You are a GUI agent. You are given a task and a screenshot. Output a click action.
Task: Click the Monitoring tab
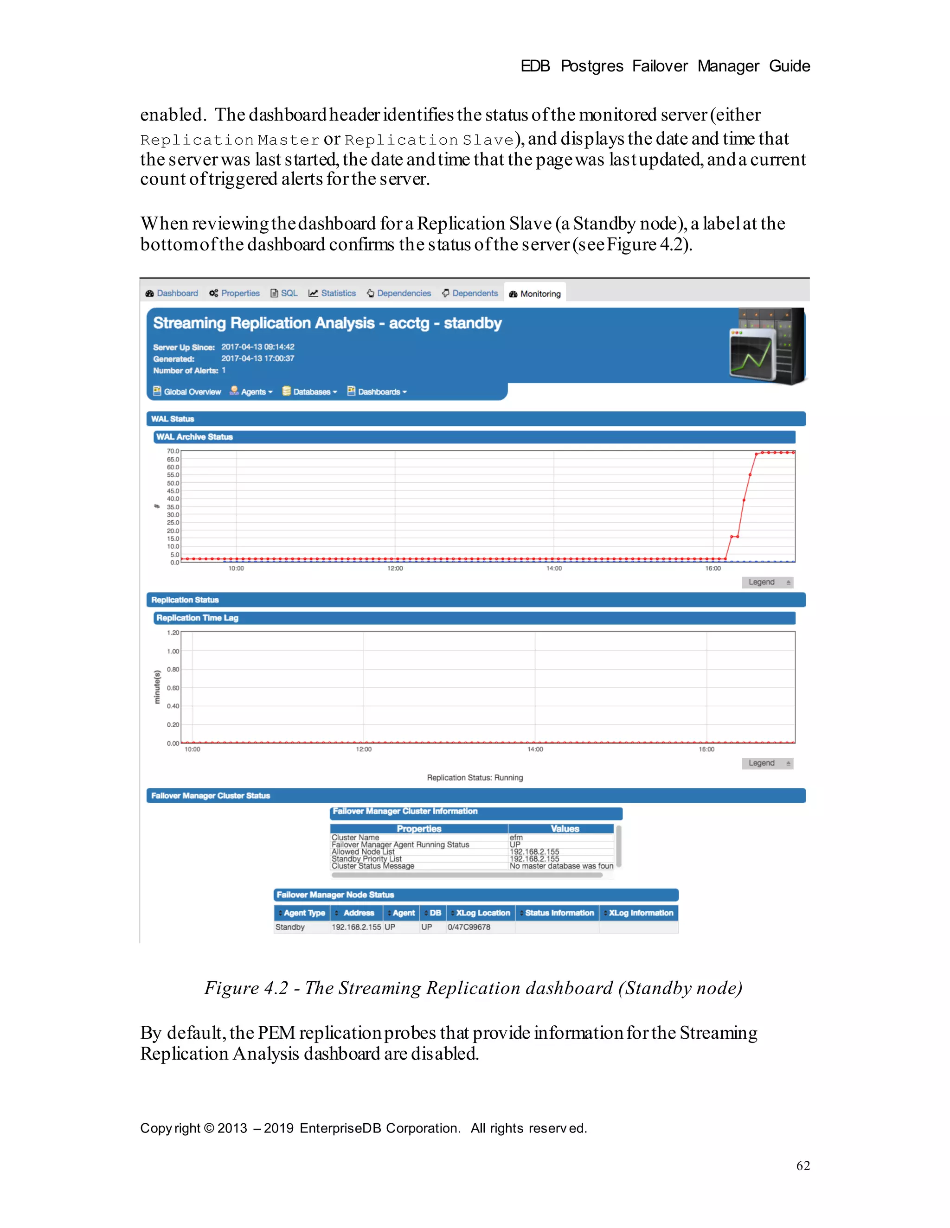click(535, 294)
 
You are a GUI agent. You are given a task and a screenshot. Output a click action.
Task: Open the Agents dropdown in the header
click(251, 391)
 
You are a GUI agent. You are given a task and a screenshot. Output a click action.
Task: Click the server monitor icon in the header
click(767, 346)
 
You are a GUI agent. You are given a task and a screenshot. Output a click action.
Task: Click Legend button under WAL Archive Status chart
click(767, 582)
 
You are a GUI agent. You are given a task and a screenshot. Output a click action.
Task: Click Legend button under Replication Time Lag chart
click(767, 763)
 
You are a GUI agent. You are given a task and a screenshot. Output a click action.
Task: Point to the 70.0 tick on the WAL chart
click(173, 451)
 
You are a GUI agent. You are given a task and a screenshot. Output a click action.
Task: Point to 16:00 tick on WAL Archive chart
click(712, 569)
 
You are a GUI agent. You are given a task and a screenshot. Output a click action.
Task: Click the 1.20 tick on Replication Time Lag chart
click(173, 633)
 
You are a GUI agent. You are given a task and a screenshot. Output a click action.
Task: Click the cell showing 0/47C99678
click(469, 927)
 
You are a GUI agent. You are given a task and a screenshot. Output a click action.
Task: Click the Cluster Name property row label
click(355, 837)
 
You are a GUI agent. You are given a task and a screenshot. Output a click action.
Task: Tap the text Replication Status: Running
click(475, 778)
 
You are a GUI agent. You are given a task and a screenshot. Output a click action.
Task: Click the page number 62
click(802, 1165)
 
